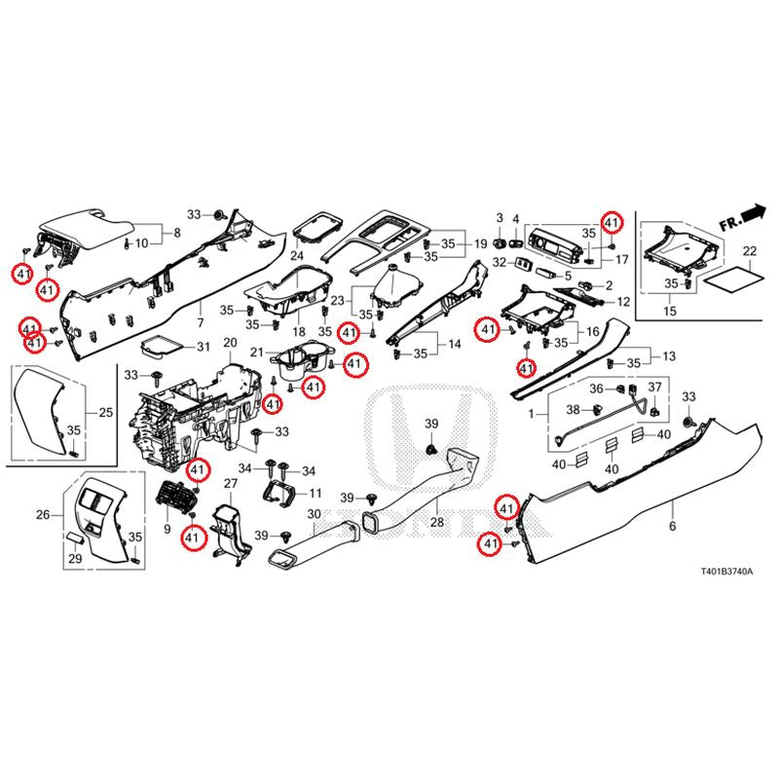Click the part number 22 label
[x=749, y=251]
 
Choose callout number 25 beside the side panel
[x=105, y=413]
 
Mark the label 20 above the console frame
[x=230, y=344]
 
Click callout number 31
[x=203, y=348]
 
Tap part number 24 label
[x=296, y=256]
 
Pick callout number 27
[x=231, y=484]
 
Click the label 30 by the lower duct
[x=314, y=513]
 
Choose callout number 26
[x=43, y=514]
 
